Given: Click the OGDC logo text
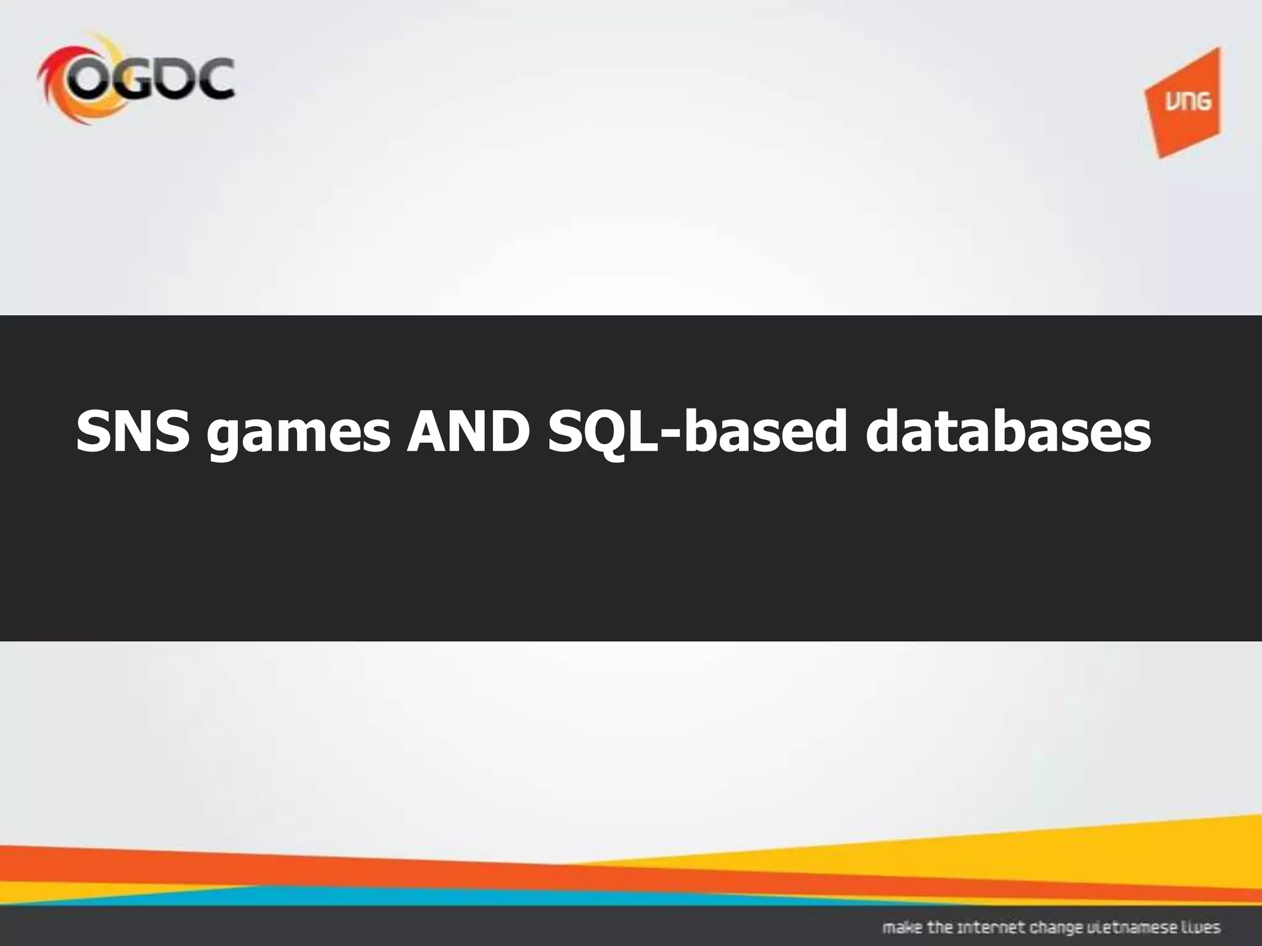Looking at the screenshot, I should coord(151,80).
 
